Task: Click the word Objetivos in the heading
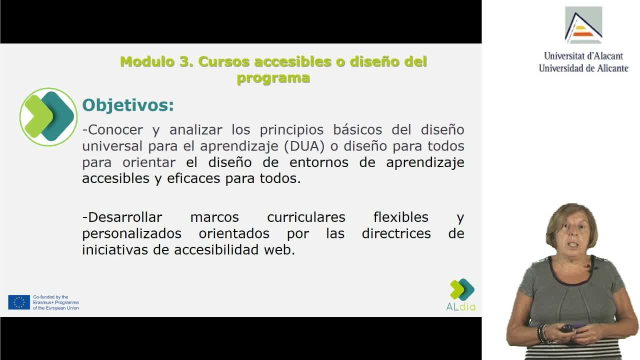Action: click(127, 106)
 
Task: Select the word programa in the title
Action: click(273, 78)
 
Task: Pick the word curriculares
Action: click(306, 217)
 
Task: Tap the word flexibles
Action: click(401, 217)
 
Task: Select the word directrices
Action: click(396, 233)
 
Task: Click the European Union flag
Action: click(19, 302)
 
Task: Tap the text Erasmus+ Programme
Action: click(55, 302)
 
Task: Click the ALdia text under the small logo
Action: click(461, 307)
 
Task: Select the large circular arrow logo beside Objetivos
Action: click(48, 117)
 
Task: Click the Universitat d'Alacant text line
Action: click(583, 56)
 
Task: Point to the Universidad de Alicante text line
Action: click(583, 68)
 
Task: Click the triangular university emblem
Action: click(583, 25)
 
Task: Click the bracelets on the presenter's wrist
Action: click(542, 333)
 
